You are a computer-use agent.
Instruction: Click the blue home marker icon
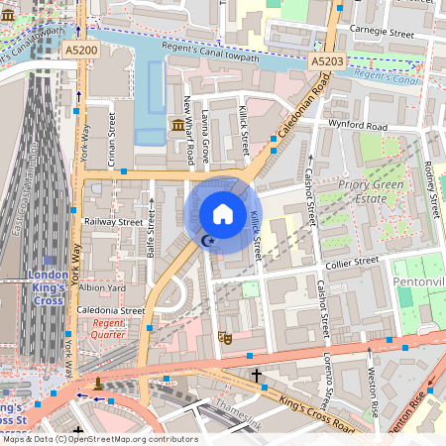[x=223, y=214]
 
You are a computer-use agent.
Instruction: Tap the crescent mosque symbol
[x=206, y=241]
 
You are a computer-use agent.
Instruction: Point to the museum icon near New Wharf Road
[x=177, y=124]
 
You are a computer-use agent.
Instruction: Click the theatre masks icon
[x=225, y=337]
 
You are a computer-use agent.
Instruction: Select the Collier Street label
[x=350, y=262]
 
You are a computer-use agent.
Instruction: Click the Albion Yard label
[x=103, y=287]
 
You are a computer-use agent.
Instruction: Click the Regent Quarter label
[x=109, y=329]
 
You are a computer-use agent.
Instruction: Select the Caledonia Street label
[x=111, y=310]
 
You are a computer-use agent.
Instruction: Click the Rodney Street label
[x=430, y=188]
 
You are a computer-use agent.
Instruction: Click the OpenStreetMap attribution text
[x=99, y=439]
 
